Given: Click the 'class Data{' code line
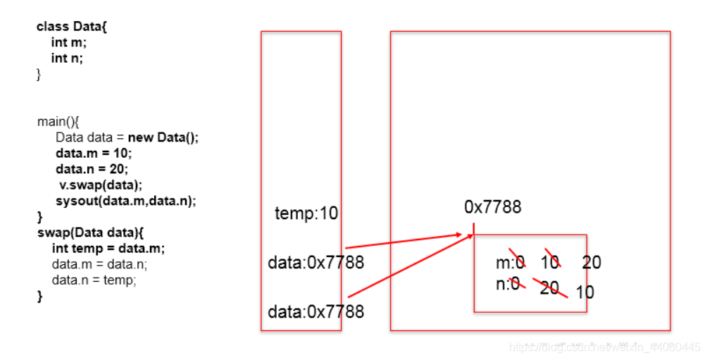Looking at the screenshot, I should [x=72, y=27].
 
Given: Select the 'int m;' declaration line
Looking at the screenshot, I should [x=69, y=42].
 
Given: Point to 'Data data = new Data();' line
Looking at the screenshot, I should [x=127, y=137].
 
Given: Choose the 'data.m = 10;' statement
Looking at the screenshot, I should [x=94, y=153].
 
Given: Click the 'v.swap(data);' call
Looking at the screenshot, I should [x=101, y=185].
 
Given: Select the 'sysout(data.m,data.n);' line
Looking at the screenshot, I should [x=125, y=201].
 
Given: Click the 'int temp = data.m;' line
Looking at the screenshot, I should [x=108, y=249].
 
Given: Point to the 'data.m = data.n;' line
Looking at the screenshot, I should [x=99, y=264].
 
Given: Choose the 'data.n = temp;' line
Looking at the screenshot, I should [x=94, y=280].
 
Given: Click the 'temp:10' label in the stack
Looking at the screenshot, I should [x=306, y=213].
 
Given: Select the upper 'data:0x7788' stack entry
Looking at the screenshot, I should [x=315, y=263].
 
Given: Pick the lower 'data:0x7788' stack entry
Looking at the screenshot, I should [x=315, y=311].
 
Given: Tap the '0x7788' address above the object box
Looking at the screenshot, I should [x=493, y=206].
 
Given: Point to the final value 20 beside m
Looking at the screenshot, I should [x=592, y=263].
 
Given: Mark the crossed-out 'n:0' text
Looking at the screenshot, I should [x=508, y=283].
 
